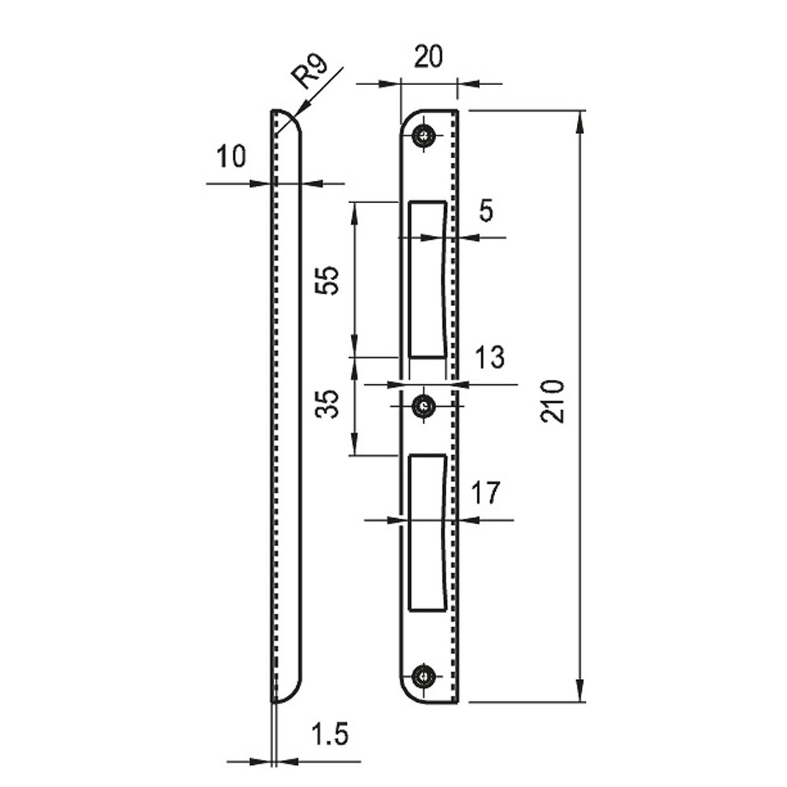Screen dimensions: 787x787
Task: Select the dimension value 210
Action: click(x=552, y=401)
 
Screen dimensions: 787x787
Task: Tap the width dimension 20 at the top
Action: click(x=429, y=56)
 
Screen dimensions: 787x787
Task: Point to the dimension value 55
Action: click(x=327, y=280)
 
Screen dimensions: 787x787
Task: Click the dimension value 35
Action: click(x=327, y=404)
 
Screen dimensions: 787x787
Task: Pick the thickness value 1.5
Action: click(x=330, y=734)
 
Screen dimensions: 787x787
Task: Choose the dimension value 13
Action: click(x=490, y=357)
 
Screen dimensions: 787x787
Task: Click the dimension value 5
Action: click(x=486, y=211)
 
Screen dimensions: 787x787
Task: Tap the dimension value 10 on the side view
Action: click(x=231, y=157)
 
